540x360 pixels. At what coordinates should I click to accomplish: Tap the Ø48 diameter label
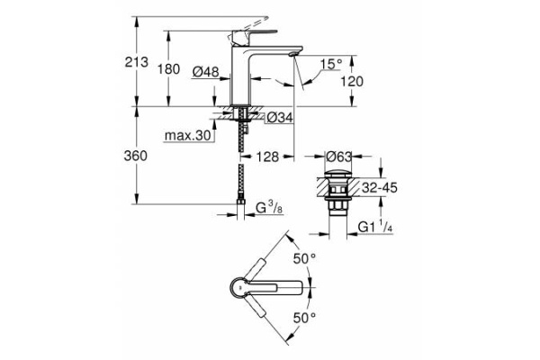point(206,71)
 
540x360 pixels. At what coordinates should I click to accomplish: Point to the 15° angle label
point(330,64)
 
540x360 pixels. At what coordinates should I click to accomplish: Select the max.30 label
point(186,136)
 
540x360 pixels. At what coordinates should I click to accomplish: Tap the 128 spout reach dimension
point(266,156)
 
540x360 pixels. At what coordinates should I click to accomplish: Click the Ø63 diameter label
point(339,156)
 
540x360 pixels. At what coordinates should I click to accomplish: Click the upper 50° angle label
point(306,259)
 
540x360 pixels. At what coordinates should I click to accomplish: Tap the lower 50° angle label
point(306,318)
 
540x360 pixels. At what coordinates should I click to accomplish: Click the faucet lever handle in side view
point(240,35)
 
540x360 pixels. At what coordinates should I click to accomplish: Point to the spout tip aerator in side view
point(292,56)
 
